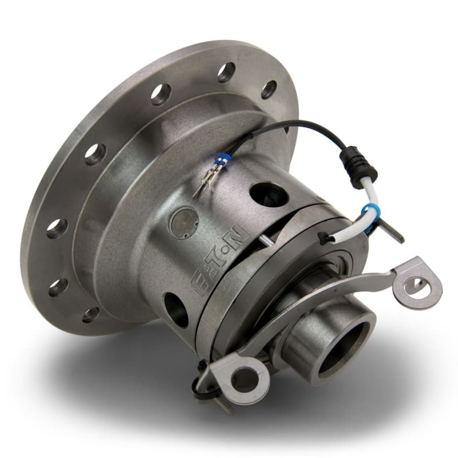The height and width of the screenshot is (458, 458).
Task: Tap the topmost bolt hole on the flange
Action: point(226,72)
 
